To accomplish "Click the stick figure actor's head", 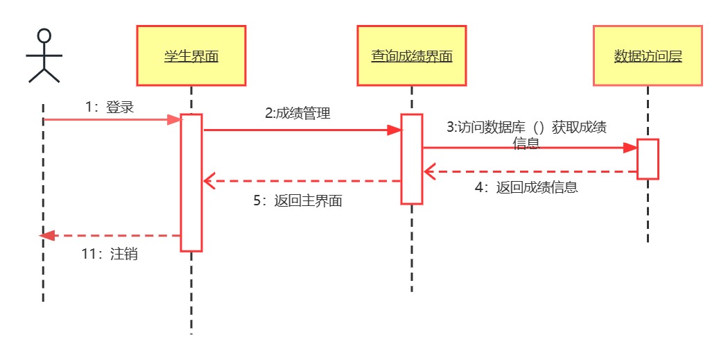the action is tap(44, 36).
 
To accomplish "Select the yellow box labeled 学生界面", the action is tap(191, 55).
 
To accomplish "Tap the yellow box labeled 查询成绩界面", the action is tap(411, 55).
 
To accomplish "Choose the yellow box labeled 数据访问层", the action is tap(648, 55).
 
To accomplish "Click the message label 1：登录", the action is tap(110, 108).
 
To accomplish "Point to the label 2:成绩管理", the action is tap(297, 113).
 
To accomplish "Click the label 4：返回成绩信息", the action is tap(526, 187).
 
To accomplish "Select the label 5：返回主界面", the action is tap(297, 200).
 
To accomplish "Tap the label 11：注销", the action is tap(110, 254).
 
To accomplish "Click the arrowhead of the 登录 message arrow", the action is tap(175, 120).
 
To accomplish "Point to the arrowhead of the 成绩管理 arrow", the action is tap(395, 130).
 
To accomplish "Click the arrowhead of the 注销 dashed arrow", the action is tap(47, 236).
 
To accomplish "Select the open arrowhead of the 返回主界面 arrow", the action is tap(209, 181).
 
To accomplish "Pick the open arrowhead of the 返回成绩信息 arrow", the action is tap(429, 171).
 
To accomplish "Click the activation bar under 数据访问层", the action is tap(648, 159).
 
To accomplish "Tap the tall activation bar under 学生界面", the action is tap(191, 182).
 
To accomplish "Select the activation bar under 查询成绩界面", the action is tap(411, 159).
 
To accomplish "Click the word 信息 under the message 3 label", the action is tap(526, 144).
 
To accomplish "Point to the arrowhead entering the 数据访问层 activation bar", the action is tap(630, 148).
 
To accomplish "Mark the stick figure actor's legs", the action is tap(44, 75).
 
